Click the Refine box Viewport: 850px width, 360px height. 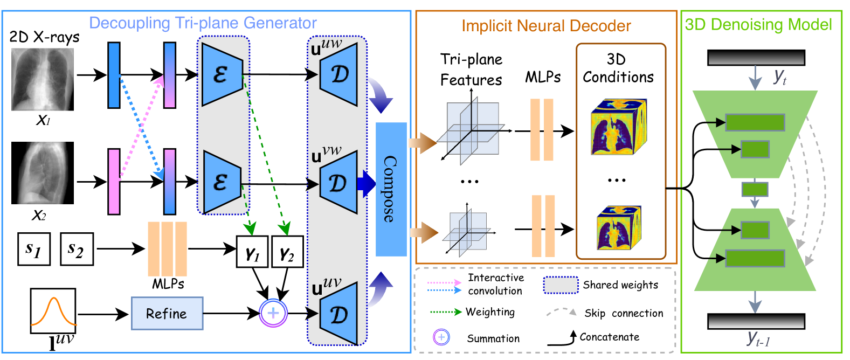[167, 313]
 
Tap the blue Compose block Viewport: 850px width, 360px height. [391, 189]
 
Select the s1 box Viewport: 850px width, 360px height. [34, 249]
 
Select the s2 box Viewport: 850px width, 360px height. [77, 249]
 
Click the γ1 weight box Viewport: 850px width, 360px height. [252, 252]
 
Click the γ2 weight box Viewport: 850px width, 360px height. [287, 252]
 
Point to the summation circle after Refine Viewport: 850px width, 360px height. [273, 313]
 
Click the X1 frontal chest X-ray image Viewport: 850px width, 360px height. [43, 79]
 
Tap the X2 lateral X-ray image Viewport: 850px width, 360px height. [43, 173]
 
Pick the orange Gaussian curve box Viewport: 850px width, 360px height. [53, 310]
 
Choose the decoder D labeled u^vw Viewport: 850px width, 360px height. [338, 183]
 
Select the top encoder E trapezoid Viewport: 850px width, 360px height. [222, 74]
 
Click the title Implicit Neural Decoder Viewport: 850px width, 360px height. [546, 26]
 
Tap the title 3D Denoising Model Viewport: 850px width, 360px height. [758, 25]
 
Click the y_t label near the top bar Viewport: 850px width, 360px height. [780, 77]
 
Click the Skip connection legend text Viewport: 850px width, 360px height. [624, 313]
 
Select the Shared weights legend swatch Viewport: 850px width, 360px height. [561, 285]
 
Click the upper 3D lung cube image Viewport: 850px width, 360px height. [618, 127]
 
